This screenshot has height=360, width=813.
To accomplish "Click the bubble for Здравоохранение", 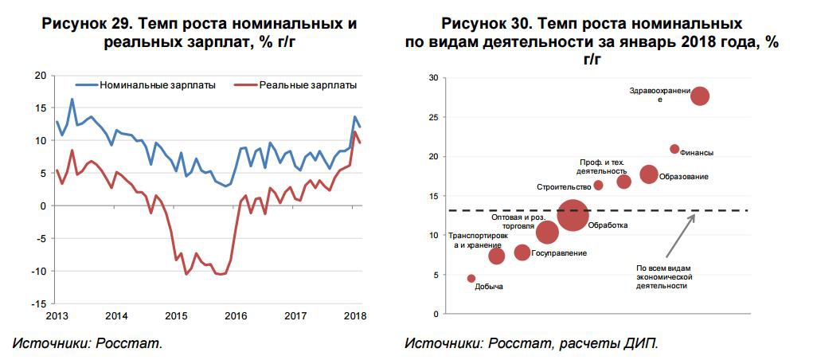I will pyautogui.click(x=700, y=96).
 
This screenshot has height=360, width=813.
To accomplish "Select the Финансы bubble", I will pyautogui.click(x=674, y=149).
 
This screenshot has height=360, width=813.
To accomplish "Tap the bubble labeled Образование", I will pyautogui.click(x=649, y=174).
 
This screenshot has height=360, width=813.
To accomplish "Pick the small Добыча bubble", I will pyautogui.click(x=471, y=279).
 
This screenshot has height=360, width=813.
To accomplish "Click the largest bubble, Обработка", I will pyautogui.click(x=573, y=215).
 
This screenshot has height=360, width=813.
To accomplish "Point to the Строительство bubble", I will pyautogui.click(x=599, y=186).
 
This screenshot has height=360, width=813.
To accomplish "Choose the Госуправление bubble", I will pyautogui.click(x=522, y=252).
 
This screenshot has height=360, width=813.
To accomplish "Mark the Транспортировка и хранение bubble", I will pyautogui.click(x=496, y=256).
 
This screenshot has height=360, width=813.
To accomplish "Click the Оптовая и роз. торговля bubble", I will pyautogui.click(x=547, y=232).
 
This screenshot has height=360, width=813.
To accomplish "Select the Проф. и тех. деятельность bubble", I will pyautogui.click(x=624, y=182).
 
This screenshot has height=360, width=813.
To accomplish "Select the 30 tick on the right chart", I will pyautogui.click(x=433, y=78).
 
